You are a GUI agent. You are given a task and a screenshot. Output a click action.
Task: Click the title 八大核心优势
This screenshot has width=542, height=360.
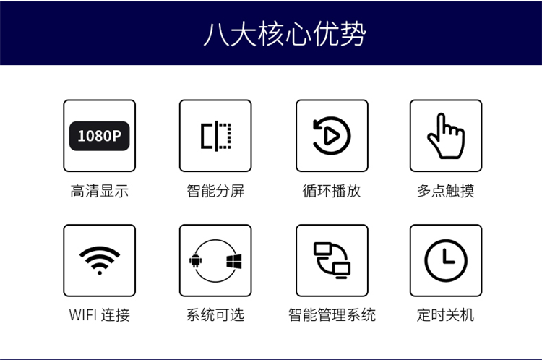285,33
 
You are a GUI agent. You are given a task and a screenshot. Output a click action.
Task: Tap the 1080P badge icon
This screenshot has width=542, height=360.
100,136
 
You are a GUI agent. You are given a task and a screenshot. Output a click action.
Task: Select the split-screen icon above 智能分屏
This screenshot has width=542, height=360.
215,136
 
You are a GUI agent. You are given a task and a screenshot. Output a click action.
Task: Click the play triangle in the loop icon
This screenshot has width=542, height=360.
332,136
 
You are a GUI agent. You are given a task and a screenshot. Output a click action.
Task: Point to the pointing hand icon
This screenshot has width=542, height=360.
446,136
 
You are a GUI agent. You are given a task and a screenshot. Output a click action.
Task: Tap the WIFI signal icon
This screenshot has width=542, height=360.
100,260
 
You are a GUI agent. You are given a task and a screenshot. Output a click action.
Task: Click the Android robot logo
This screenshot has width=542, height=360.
195,261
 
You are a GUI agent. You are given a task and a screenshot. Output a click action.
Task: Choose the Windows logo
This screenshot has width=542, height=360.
234,262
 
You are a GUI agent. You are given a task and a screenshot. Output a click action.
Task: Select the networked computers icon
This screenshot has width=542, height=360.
332,260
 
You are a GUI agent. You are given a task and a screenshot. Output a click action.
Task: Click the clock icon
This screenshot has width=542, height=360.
446,260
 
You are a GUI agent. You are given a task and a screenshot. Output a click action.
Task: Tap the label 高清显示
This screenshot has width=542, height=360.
100,191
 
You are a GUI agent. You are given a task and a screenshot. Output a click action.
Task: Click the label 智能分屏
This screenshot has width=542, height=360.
215,191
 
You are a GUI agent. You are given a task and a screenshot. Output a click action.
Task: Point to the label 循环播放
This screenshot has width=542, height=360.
332,191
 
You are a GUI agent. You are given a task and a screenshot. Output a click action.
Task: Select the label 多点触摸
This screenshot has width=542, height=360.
446,191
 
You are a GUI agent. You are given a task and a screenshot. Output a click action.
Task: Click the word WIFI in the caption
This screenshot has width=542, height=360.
82,315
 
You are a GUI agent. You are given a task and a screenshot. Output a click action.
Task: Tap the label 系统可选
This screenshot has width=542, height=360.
215,315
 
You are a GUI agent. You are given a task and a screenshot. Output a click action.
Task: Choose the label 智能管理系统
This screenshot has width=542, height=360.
332,315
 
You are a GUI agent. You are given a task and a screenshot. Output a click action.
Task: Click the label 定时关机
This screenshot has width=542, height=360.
446,315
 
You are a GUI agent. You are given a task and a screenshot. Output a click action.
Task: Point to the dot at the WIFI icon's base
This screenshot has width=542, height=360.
100,273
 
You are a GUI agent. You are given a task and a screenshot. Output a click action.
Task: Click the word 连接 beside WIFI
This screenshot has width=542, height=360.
116,315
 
